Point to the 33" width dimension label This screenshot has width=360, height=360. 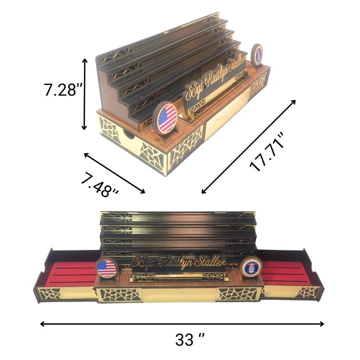(190, 340)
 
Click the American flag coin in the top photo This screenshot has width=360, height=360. (165, 119)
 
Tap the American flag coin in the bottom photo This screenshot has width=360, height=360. (107, 268)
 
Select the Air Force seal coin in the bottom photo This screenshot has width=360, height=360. (251, 268)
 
